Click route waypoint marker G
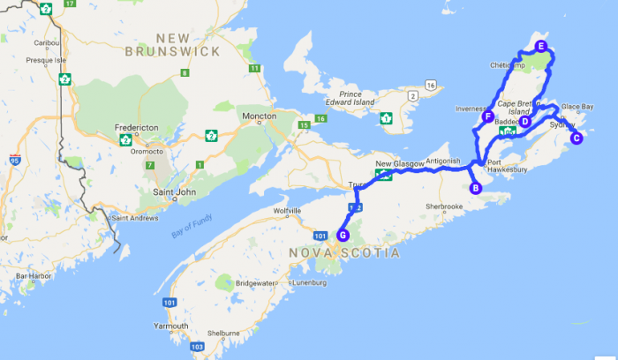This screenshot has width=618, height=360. click(343, 235)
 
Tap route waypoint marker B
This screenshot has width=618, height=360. click(475, 187)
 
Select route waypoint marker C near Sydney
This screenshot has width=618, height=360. click(576, 138)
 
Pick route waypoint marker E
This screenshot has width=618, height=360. click(541, 46)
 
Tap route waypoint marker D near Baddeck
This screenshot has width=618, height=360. click(524, 122)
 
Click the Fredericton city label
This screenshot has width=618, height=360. click(137, 128)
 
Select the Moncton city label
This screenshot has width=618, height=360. click(260, 116)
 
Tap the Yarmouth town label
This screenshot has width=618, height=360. click(170, 326)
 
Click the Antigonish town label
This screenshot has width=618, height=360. click(443, 161)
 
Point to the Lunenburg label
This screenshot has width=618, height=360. click(308, 283)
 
